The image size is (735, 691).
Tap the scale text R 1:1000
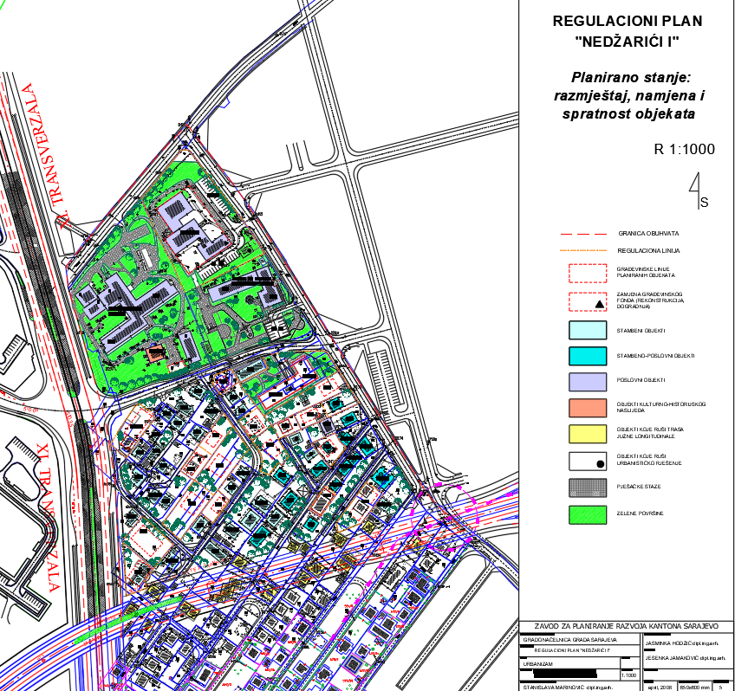[684, 149]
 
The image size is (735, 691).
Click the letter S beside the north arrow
[704, 203]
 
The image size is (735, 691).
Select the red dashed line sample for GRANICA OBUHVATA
[585, 234]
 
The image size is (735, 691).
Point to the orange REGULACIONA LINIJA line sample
[585, 250]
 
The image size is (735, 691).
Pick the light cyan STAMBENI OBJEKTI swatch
[587, 331]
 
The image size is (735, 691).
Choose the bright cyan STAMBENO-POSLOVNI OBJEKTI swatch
[587, 355]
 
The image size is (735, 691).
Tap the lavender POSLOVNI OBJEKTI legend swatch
[587, 380]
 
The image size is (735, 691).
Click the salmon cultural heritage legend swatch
[587, 406]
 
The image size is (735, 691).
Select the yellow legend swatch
[587, 432]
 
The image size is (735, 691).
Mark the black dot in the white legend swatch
[599, 464]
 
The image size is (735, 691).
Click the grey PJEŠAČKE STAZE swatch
[587, 488]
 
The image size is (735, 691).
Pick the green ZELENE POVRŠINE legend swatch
[587, 514]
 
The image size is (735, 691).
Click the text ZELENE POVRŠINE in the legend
[640, 514]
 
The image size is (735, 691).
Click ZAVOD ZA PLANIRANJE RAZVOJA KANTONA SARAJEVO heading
[627, 625]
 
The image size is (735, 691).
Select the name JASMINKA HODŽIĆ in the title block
[663, 644]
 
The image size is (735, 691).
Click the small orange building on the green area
[155, 353]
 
